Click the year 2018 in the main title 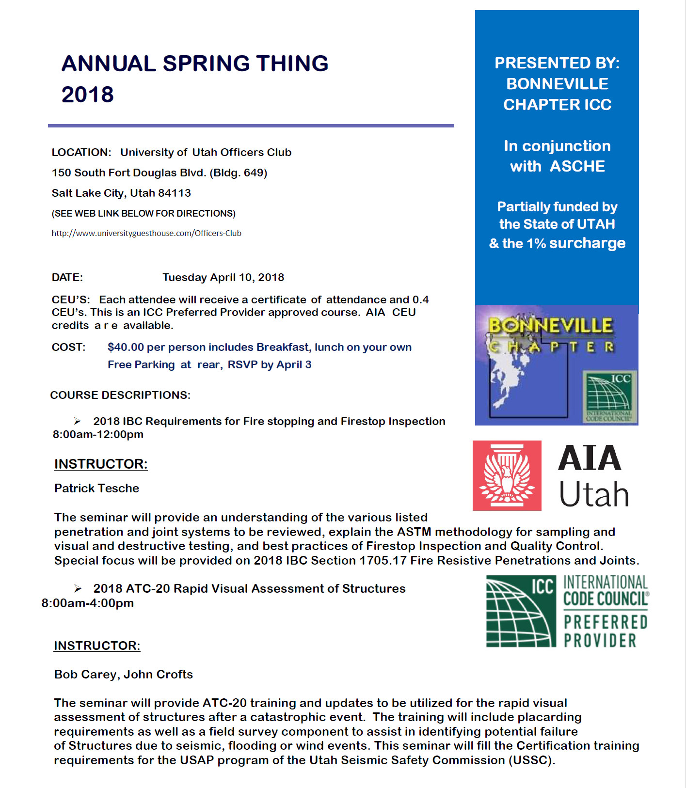click(x=88, y=95)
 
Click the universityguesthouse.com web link click(x=146, y=233)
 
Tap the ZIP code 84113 click(x=175, y=193)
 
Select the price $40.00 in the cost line click(x=126, y=347)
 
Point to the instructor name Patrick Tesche click(x=96, y=488)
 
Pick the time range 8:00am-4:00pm click(x=88, y=603)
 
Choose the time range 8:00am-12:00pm click(x=98, y=434)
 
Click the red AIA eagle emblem click(x=507, y=475)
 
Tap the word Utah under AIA click(x=594, y=494)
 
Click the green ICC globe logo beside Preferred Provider click(x=521, y=611)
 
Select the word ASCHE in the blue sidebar click(x=577, y=166)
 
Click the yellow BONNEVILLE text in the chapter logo click(x=550, y=325)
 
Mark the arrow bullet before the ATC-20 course click(x=78, y=588)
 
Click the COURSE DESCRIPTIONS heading click(x=120, y=395)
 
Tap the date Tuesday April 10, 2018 click(x=223, y=277)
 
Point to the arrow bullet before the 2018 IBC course click(x=78, y=421)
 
